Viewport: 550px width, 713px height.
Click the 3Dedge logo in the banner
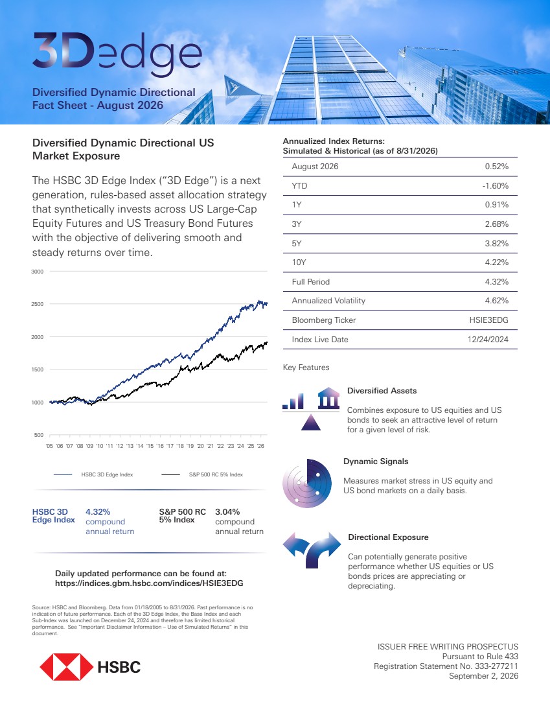point(117,53)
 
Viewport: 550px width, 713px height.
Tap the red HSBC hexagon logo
point(66,666)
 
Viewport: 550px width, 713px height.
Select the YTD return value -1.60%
point(496,185)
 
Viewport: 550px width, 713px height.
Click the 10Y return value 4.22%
point(496,263)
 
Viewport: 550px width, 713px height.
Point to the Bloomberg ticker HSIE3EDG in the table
point(488,320)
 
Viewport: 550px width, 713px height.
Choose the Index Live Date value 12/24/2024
point(488,339)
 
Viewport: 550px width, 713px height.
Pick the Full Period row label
point(310,282)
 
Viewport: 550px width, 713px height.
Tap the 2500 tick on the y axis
point(38,304)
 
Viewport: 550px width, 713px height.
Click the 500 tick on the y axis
point(39,435)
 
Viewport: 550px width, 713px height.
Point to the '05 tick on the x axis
point(49,446)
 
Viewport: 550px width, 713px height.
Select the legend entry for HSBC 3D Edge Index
point(93,474)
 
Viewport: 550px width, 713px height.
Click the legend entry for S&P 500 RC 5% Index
point(202,474)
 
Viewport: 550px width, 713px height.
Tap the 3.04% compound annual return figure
point(227,512)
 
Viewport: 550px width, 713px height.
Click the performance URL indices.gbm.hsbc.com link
point(149,583)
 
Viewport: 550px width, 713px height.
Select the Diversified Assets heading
point(382,391)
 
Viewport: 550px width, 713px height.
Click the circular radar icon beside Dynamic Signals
point(307,484)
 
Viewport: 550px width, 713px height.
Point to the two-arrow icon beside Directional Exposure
point(312,549)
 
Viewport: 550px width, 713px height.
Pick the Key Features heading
point(306,368)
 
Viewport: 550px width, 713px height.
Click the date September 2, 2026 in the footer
point(484,676)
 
